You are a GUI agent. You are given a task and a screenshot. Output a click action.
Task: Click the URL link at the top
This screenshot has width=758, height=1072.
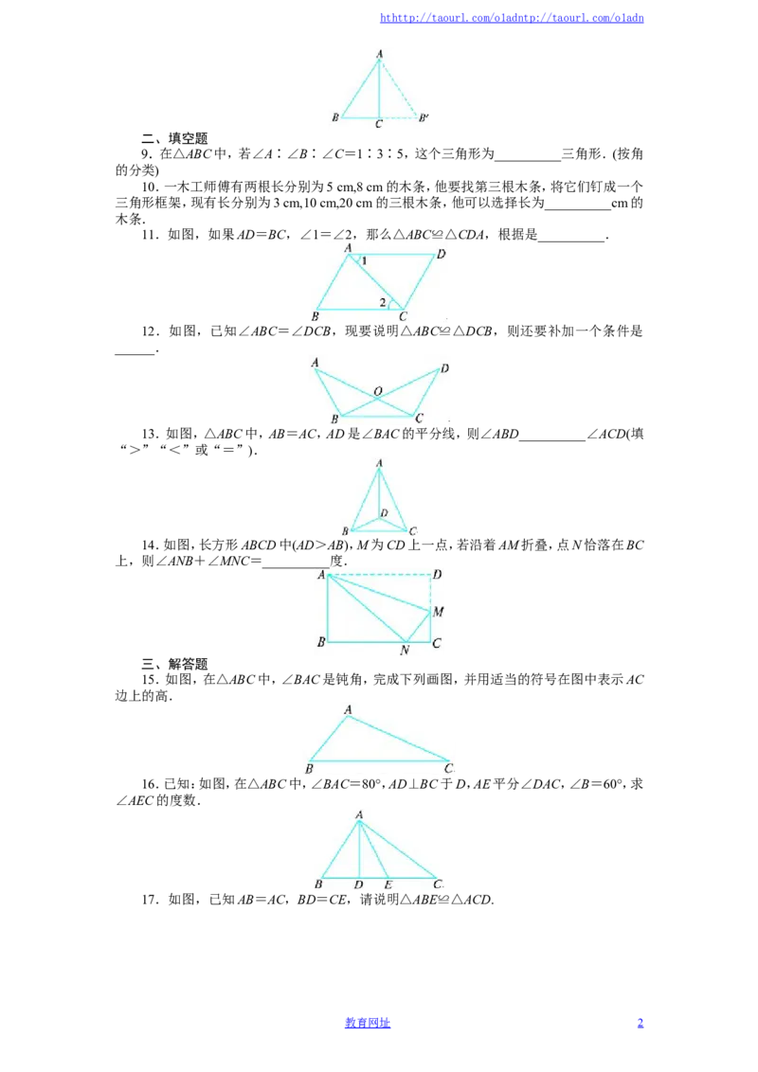point(512,18)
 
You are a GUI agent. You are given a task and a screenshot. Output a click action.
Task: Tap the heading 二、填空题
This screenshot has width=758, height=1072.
point(174,138)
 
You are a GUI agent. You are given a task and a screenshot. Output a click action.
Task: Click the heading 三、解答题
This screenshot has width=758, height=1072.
point(174,663)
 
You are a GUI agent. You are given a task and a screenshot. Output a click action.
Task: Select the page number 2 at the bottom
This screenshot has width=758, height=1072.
point(641,1023)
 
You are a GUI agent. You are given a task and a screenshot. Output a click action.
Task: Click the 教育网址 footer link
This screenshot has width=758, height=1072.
point(368,1023)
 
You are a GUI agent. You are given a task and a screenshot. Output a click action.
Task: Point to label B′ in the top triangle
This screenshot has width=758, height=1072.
point(424,117)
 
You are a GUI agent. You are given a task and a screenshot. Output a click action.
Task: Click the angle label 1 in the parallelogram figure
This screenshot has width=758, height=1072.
point(364,260)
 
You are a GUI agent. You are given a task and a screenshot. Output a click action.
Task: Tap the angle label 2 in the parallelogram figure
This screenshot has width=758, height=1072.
point(383,301)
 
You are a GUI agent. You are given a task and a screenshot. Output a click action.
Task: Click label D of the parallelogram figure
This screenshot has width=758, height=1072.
point(442,255)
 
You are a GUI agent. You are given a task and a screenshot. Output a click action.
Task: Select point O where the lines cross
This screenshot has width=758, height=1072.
point(378,392)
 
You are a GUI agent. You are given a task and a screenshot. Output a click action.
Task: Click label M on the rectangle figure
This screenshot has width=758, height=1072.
point(439,611)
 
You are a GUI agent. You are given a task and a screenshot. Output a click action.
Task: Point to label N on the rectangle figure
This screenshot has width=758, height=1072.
point(405,650)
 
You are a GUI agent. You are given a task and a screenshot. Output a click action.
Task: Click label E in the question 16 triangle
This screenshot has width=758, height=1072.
point(388,884)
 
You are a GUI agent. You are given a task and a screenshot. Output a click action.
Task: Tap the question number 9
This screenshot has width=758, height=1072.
point(146,153)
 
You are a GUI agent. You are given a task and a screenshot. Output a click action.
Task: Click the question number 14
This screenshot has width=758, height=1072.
point(150,545)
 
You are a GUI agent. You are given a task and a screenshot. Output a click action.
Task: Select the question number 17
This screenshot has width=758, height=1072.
point(150,900)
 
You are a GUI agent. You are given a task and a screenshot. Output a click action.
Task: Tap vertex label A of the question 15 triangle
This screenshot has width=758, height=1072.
point(349,709)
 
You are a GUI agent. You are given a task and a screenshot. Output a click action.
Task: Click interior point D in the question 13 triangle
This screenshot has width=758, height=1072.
point(384,512)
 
